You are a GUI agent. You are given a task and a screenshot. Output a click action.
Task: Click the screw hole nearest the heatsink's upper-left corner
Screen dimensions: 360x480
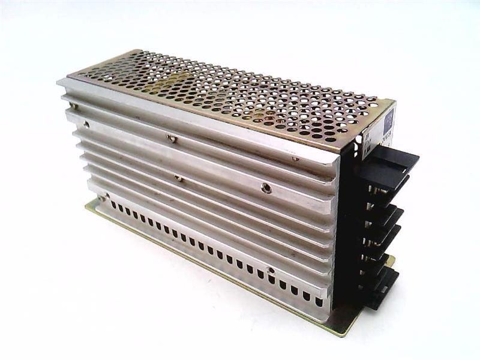click(87, 124)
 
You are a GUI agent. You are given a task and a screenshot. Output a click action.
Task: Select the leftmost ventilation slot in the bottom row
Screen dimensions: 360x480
click(113, 206)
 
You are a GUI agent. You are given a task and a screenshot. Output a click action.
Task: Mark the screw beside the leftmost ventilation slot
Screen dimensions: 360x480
click(104, 197)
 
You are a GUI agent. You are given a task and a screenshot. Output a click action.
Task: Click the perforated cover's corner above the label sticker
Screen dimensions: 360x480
click(377, 98)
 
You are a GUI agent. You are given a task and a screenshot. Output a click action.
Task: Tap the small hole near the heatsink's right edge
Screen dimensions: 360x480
click(295, 159)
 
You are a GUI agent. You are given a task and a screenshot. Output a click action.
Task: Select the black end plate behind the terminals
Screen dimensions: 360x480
click(348, 228)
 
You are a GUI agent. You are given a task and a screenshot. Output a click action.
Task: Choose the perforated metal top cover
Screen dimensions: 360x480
click(228, 96)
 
